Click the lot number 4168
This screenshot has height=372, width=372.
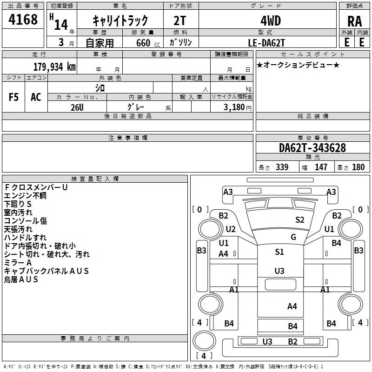click(23, 20)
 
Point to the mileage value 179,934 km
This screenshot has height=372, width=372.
click(54, 66)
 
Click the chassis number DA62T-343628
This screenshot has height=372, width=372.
click(312, 148)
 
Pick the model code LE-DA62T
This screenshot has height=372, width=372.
click(266, 42)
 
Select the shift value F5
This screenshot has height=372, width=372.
click(14, 97)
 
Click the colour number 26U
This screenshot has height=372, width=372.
click(77, 107)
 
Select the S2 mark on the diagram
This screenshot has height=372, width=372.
click(300, 220)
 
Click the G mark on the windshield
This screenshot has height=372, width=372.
click(293, 237)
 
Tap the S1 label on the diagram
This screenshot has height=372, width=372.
click(279, 252)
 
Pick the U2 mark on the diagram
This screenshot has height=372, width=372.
click(231, 229)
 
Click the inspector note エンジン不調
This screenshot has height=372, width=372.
click(25, 196)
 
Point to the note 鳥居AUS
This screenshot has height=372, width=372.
click(21, 279)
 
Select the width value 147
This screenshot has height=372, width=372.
click(321, 167)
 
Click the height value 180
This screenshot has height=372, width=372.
click(358, 167)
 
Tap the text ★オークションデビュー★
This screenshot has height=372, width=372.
click(298, 65)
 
